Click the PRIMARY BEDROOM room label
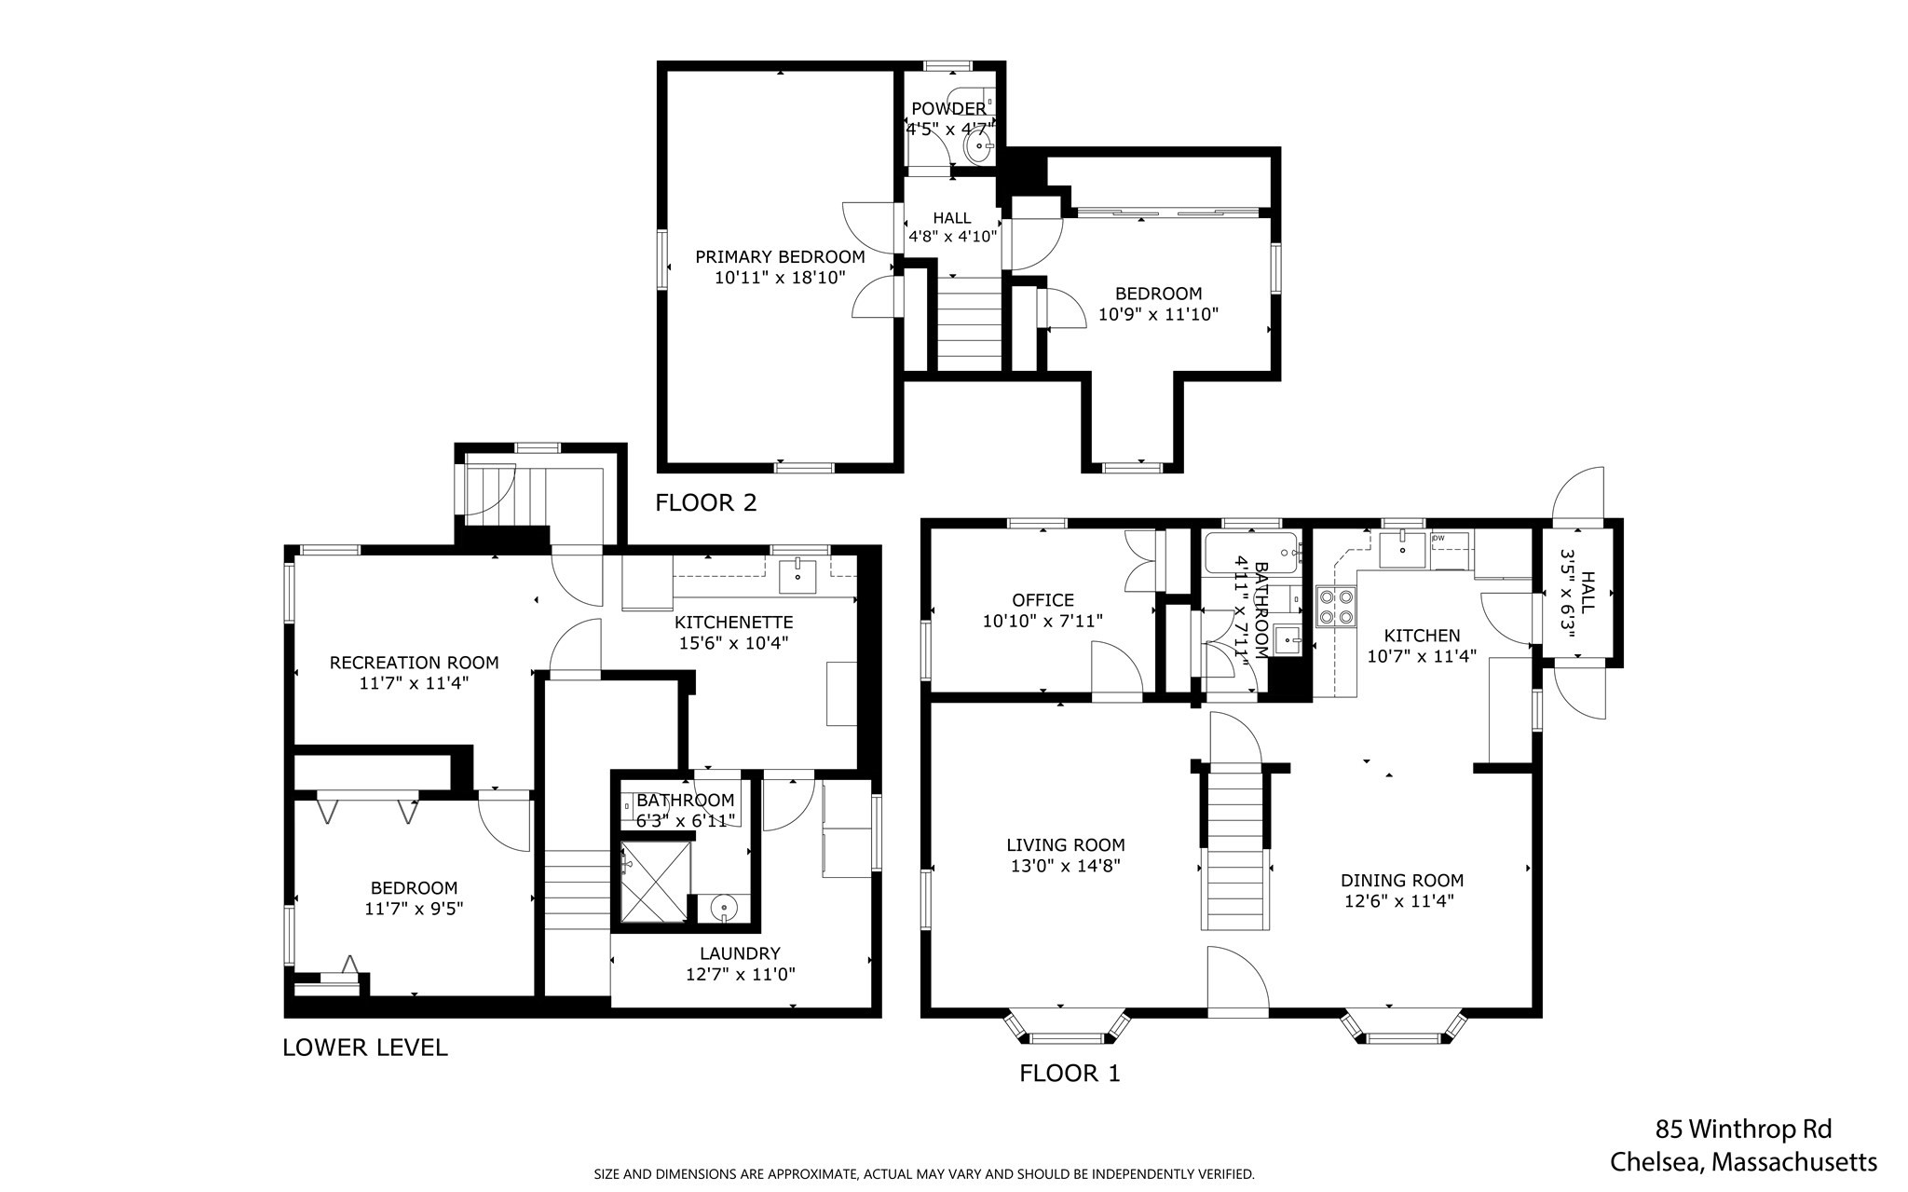[x=780, y=256]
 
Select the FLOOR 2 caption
[x=705, y=503]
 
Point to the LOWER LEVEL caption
[x=364, y=1048]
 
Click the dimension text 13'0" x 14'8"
[x=1065, y=866]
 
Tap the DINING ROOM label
[x=1401, y=880]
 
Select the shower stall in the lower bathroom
[x=656, y=882]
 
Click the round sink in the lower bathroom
[x=724, y=907]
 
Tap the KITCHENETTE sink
[x=797, y=575]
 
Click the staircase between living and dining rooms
[x=1234, y=848]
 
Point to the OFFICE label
[x=1043, y=600]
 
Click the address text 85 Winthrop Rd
[x=1742, y=1130]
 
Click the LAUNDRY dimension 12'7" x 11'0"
[x=741, y=974]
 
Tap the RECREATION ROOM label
[x=414, y=663]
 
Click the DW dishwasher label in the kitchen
[x=1438, y=538]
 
